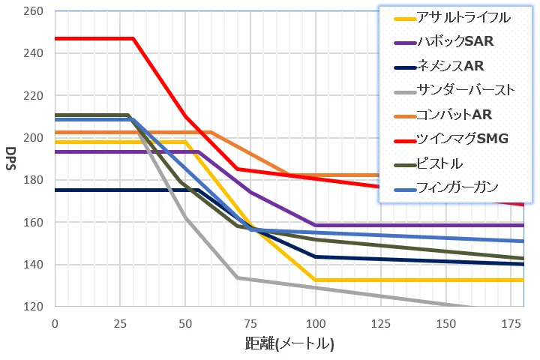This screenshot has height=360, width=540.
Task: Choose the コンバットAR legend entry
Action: (447, 115)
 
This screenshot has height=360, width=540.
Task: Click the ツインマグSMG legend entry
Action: (453, 139)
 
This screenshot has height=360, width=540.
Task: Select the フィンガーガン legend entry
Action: (448, 188)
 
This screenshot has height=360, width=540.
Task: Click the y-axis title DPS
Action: (11, 159)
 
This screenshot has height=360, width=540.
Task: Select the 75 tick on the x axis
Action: (250, 323)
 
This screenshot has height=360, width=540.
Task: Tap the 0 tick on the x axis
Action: (54, 323)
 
